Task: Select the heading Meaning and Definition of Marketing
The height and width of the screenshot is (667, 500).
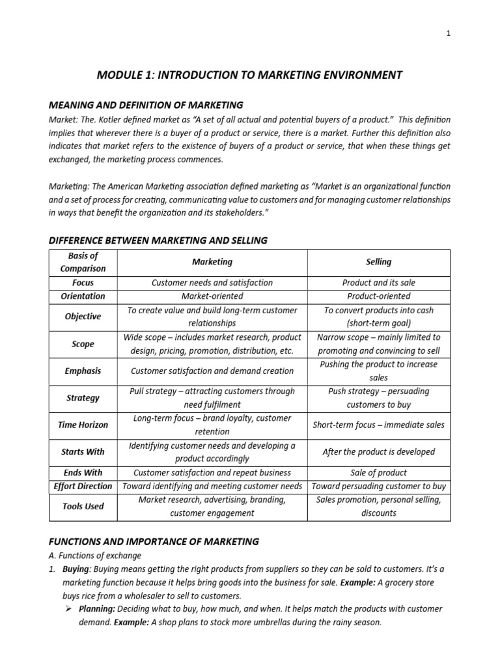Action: click(146, 104)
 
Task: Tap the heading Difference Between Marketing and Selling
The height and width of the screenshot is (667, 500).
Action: click(158, 240)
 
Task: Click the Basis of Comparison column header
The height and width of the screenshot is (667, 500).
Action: click(83, 262)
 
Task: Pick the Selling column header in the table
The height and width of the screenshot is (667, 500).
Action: click(378, 262)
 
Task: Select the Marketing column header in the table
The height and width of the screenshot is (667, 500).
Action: click(212, 262)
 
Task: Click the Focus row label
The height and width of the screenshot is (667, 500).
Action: click(83, 283)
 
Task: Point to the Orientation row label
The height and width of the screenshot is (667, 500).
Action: click(83, 296)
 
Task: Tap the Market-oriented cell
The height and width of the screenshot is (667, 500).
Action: click(212, 296)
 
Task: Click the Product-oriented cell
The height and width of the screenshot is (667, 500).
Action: click(378, 296)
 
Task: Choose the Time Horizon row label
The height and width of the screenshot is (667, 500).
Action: click(83, 425)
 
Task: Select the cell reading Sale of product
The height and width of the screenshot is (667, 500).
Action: click(378, 473)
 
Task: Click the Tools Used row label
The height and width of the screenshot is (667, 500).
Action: click(83, 506)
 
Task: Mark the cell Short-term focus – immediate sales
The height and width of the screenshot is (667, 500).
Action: click(378, 425)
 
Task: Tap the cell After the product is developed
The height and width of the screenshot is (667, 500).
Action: click(378, 451)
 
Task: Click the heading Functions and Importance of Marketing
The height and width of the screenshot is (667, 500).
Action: click(154, 541)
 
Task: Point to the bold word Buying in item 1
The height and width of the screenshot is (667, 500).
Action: click(76, 569)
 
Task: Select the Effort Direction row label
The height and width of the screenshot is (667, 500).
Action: click(83, 487)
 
